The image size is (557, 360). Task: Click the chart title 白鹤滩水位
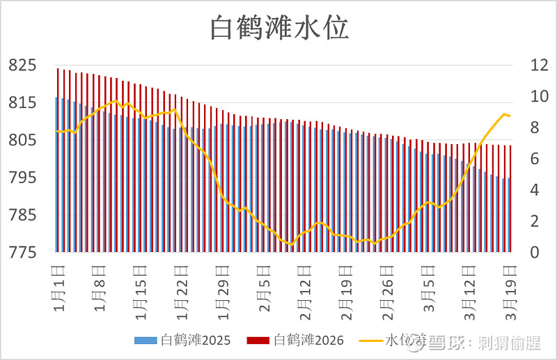coord(279,29)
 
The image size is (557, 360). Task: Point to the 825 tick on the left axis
coord(22,65)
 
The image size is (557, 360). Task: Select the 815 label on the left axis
coord(22,103)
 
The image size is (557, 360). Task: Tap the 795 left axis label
coord(22,178)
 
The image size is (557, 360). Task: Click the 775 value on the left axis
coord(22,252)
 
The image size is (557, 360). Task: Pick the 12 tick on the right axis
coord(521,65)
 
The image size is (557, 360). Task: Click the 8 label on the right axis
coord(517,127)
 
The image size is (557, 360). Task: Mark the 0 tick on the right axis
coord(517,252)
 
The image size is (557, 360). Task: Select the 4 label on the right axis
coord(517,190)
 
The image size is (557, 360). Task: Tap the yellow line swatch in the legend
coord(370,341)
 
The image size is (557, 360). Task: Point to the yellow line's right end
coord(510,116)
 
